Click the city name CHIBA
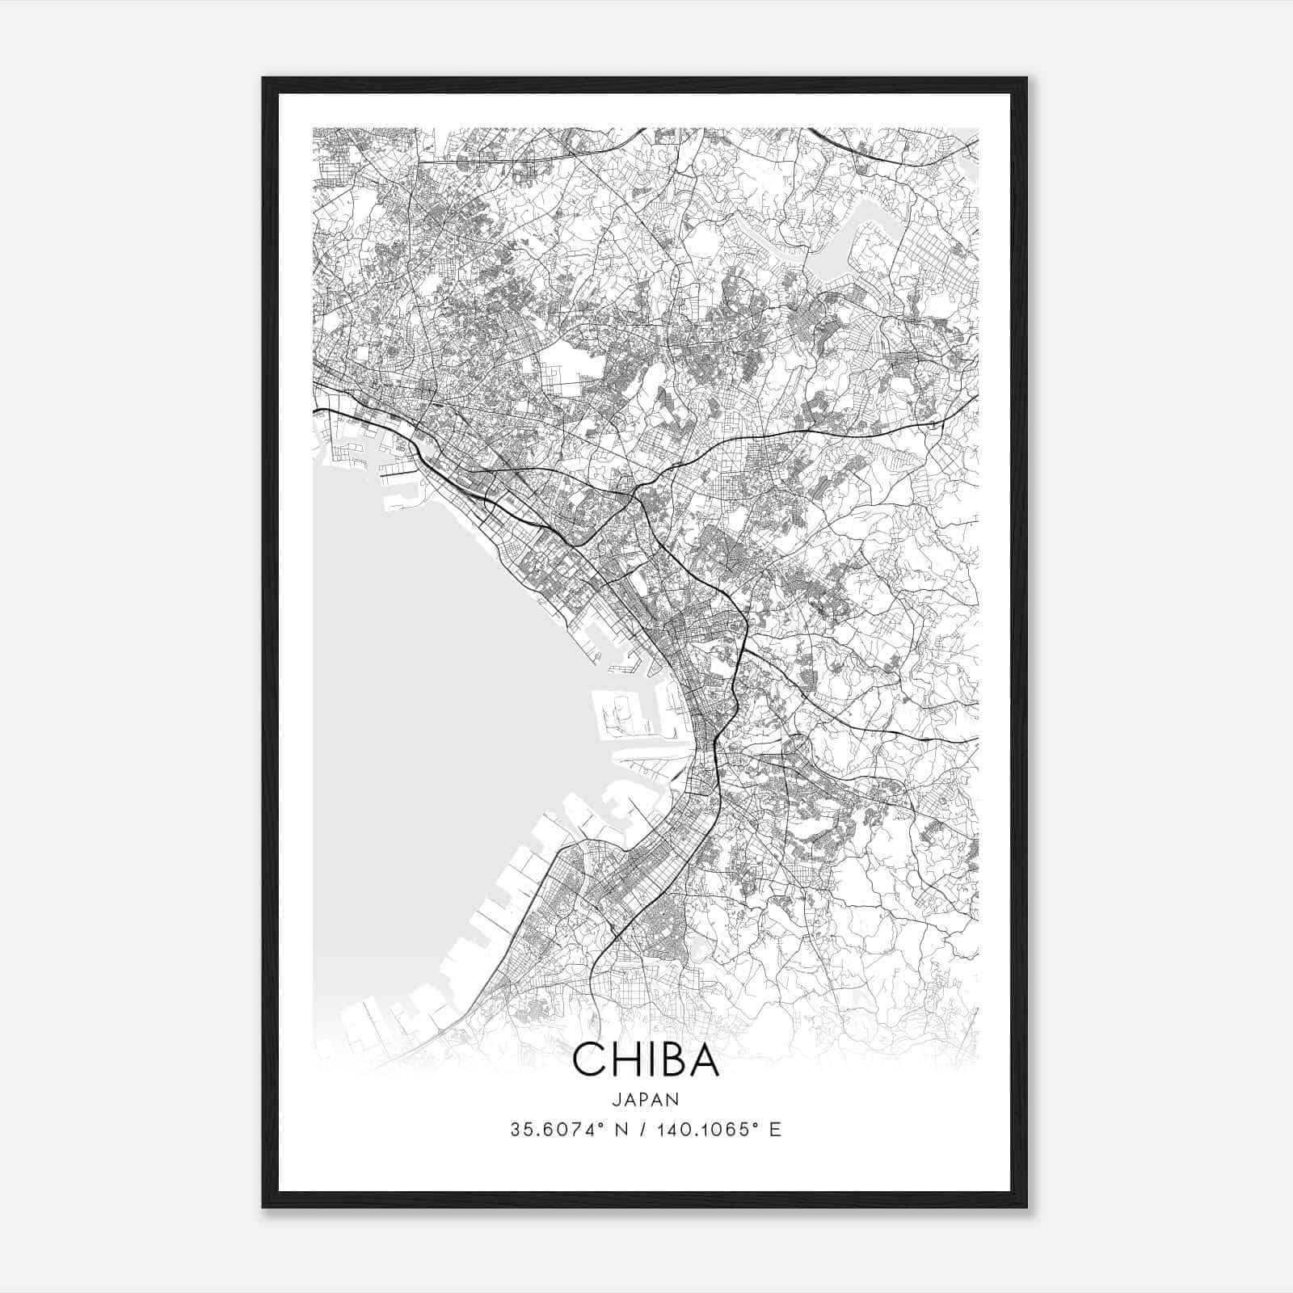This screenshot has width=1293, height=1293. click(646, 1060)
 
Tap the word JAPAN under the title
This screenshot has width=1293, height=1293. click(646, 1099)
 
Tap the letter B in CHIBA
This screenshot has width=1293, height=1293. click(668, 1060)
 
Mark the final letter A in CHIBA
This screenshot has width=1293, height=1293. click(703, 1060)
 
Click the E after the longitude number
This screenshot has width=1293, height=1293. click(776, 1130)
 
